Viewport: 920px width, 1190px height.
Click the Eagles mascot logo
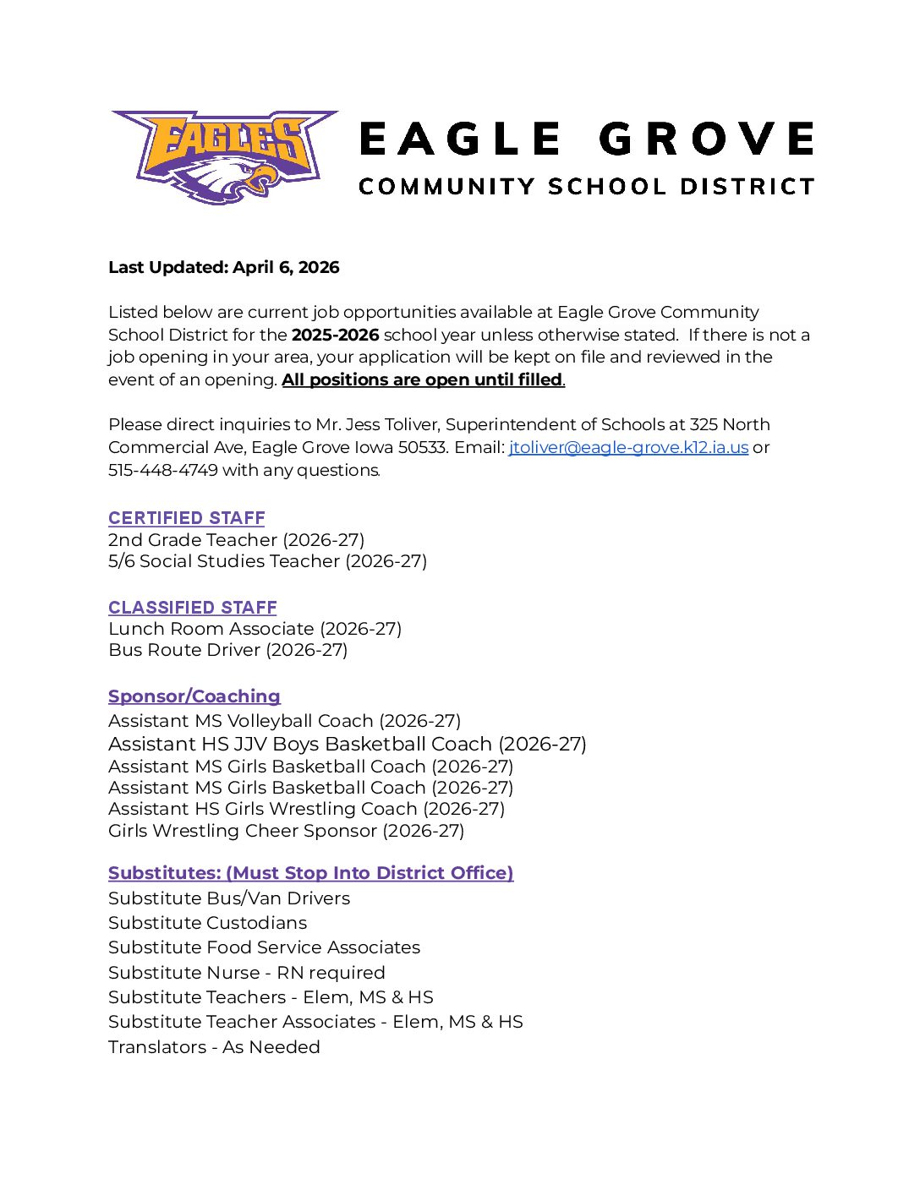(x=225, y=156)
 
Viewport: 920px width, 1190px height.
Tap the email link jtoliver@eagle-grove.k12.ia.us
(x=628, y=447)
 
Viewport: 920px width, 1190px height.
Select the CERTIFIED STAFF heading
(x=187, y=518)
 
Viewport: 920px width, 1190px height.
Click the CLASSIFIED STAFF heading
(x=193, y=607)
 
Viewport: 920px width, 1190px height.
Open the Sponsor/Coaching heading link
(x=194, y=696)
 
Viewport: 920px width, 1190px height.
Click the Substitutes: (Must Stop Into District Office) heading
(x=310, y=873)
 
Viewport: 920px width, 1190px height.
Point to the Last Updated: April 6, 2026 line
(x=224, y=267)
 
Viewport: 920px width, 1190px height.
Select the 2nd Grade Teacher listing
(x=237, y=540)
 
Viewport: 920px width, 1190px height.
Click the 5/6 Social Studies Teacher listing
(x=267, y=561)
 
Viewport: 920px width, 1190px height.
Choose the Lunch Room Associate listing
(x=255, y=629)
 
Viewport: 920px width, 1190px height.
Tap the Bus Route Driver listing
(x=228, y=650)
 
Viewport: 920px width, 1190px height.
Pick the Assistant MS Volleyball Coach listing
(x=284, y=721)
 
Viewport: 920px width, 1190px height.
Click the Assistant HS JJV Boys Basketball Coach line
(x=347, y=744)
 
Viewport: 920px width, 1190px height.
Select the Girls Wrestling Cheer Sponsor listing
(x=286, y=831)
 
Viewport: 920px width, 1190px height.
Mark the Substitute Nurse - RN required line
(x=247, y=973)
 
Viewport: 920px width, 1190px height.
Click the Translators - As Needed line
(x=214, y=1047)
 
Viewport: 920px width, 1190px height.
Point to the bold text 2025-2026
(x=335, y=335)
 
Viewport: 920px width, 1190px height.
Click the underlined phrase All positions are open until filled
(x=422, y=379)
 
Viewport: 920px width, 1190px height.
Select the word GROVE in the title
(x=706, y=139)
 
